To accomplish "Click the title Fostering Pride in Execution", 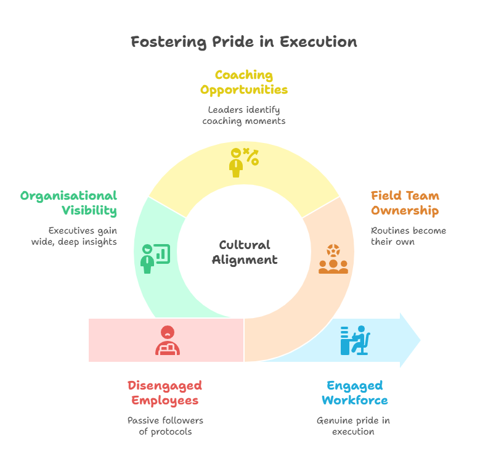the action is coord(243,42).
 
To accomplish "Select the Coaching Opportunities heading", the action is coord(244,82).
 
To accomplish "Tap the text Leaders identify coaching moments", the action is coord(244,115).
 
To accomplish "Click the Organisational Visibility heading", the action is coord(69,203).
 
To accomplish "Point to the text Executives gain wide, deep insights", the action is coord(74,236).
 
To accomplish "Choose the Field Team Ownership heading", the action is coord(405,203).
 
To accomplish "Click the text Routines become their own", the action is coord(409,236).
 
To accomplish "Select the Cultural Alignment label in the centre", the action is coord(245,253).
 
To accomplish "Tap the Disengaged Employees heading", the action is coord(165,393).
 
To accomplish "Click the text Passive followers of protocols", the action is coord(165,426).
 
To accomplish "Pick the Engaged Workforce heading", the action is coord(355,393).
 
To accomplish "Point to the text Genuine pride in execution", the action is coord(353,426).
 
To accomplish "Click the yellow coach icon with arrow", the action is coord(244,163).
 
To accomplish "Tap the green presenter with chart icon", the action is coord(155,259).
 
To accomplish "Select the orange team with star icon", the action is coord(333,259).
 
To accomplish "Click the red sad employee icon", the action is coord(168,340).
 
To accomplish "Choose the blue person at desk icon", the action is coord(356,340).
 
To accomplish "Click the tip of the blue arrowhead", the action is coord(421,340).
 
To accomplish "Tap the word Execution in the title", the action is coord(319,42).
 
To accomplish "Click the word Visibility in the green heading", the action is coord(89,210).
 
